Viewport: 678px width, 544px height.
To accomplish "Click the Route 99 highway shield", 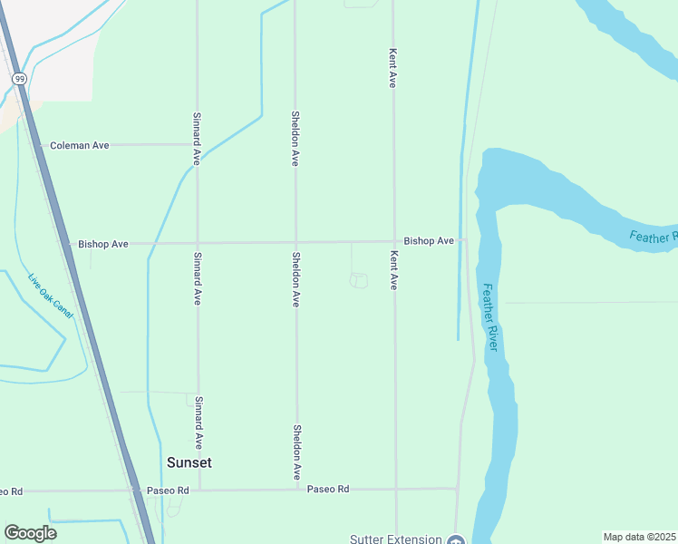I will coord(18,79).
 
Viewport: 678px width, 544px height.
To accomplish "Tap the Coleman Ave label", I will coord(79,145).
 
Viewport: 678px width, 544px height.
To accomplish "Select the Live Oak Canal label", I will coord(50,296).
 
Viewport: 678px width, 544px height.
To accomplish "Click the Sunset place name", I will coord(189,462).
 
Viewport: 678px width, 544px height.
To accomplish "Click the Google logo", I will coord(30,533).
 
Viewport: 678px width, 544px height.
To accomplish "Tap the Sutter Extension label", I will coord(396,539).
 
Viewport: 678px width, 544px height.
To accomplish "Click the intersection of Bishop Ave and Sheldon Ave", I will coord(295,242).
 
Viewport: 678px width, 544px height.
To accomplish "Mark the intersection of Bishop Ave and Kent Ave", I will coord(393,241).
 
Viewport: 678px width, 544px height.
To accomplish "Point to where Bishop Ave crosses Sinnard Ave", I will coord(198,243).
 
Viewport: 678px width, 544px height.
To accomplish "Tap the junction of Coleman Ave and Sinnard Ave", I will coord(197,144).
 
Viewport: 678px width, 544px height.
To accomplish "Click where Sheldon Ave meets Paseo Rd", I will coord(296,489).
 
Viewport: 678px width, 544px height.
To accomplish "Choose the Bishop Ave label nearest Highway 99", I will coord(103,244).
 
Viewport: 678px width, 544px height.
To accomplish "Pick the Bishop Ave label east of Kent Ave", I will coord(429,241).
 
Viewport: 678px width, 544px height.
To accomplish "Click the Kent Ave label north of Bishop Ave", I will coord(393,68).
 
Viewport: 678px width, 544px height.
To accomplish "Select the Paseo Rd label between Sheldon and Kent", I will coord(328,489).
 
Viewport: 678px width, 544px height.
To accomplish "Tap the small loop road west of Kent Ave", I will coord(359,281).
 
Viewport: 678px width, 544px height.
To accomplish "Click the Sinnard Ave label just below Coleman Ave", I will coord(196,138).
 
